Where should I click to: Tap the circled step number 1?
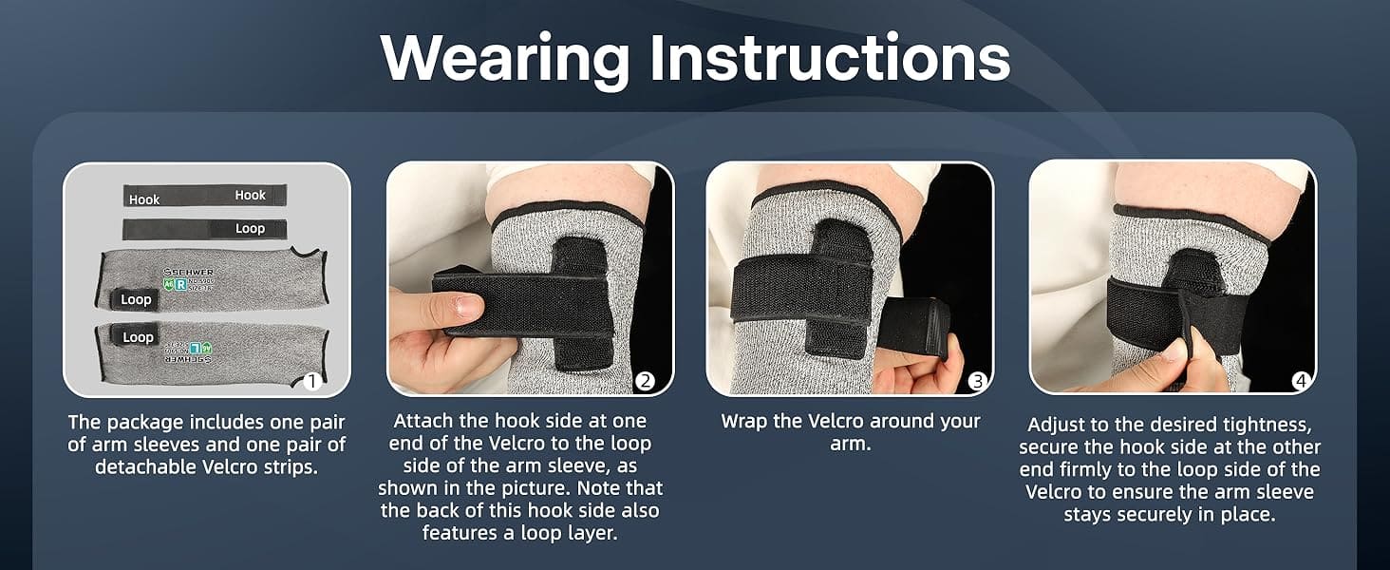pos(310,382)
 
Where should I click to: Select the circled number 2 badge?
pos(645,382)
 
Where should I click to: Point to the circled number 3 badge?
pos(978,382)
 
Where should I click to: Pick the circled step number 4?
pos(1300,382)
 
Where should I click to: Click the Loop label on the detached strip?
pos(250,229)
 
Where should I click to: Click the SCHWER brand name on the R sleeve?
pos(189,271)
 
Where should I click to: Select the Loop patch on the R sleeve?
pos(136,299)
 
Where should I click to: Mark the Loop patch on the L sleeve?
pos(138,337)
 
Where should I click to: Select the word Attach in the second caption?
pos(423,421)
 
